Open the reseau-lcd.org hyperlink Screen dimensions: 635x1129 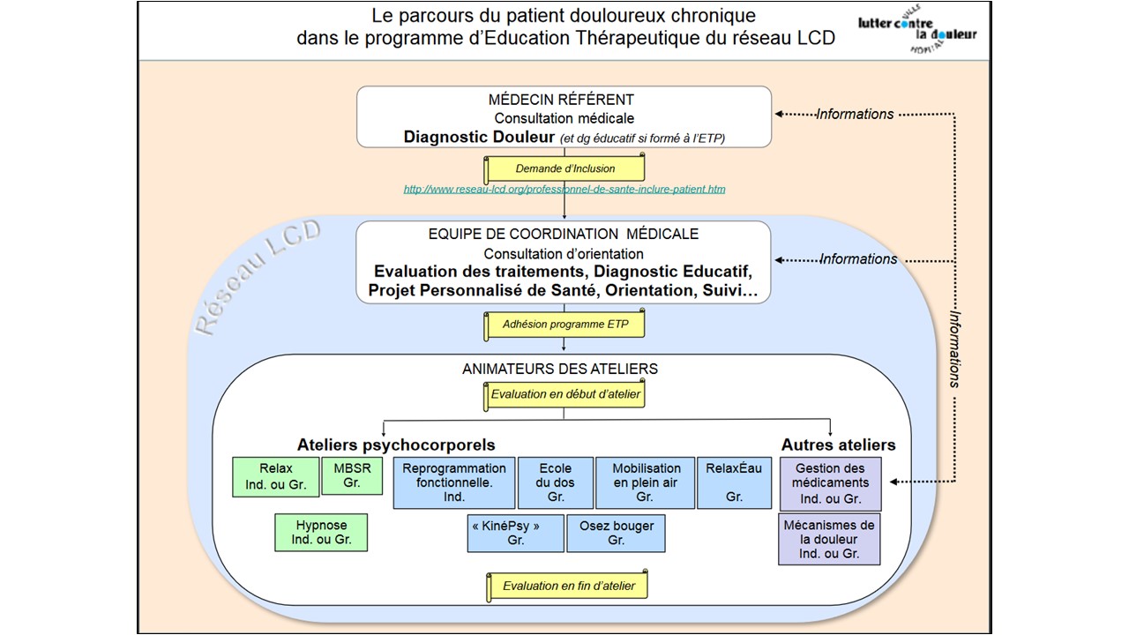click(x=564, y=189)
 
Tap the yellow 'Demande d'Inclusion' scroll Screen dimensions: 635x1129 click(x=565, y=168)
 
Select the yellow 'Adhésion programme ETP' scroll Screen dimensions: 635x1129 click(x=565, y=325)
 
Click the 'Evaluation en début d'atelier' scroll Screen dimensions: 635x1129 click(x=565, y=394)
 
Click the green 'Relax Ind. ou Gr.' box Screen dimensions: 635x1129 click(x=276, y=476)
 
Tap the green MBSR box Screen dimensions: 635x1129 click(x=352, y=475)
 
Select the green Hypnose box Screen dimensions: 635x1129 click(x=321, y=532)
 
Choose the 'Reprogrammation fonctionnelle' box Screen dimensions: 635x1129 click(x=453, y=482)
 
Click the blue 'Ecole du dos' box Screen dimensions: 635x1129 click(x=556, y=482)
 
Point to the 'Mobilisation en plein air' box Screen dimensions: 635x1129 click(x=646, y=482)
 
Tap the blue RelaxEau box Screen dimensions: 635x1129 click(x=734, y=482)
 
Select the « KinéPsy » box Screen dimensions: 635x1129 click(x=516, y=533)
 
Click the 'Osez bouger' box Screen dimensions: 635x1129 click(x=617, y=533)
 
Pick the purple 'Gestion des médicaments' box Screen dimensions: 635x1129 click(x=830, y=483)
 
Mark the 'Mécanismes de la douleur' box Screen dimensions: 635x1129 click(x=829, y=539)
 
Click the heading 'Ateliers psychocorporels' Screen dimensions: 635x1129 click(x=396, y=444)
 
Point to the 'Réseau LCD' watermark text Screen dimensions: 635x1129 click(x=258, y=278)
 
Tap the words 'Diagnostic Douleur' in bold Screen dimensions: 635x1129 click(x=479, y=137)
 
